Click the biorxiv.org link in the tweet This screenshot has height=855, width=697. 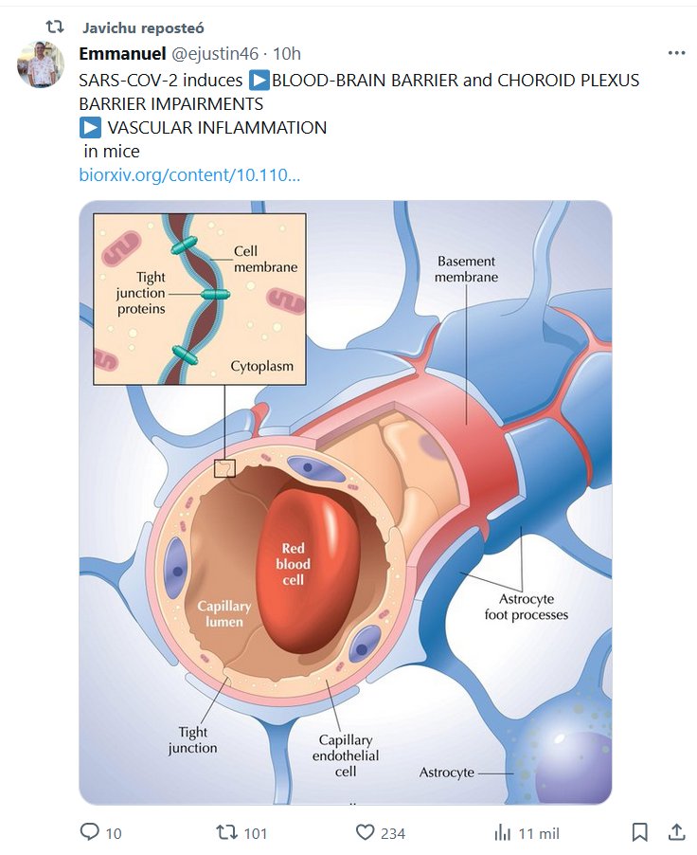click(x=189, y=174)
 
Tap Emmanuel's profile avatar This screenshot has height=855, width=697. click(x=41, y=64)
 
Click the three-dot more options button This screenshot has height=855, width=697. click(x=676, y=54)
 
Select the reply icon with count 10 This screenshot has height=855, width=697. click(x=90, y=832)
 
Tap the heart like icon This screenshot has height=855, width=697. click(x=366, y=832)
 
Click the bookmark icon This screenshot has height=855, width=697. click(x=640, y=832)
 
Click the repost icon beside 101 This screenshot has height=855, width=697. click(x=227, y=832)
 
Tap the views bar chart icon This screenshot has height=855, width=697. click(x=503, y=832)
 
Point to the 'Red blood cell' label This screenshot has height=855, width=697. click(x=294, y=563)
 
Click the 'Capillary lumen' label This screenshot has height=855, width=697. click(x=223, y=613)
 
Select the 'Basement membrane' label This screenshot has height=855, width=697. click(x=466, y=269)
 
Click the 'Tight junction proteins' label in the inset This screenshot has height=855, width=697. click(x=140, y=293)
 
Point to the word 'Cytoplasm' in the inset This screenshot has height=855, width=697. click(x=261, y=365)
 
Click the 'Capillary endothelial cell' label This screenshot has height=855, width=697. click(x=346, y=755)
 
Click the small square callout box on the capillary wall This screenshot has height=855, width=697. click(x=224, y=467)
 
